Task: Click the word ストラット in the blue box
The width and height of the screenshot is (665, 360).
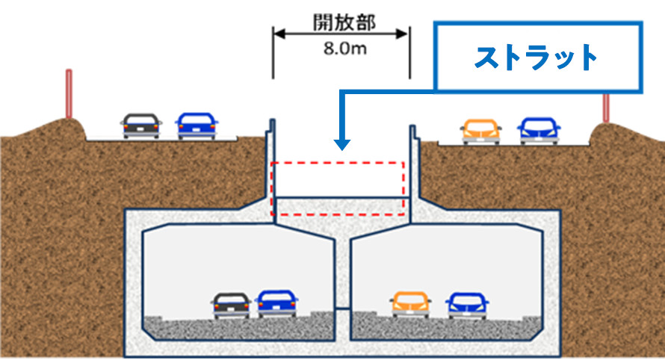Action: point(537,58)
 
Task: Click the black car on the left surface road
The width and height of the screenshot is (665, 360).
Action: point(142,126)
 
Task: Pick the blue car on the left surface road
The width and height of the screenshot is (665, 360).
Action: point(197,126)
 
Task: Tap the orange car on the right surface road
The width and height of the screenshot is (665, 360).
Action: point(482,131)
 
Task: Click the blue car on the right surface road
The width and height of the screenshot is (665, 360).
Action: point(539,131)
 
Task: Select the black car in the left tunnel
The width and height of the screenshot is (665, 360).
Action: point(231,305)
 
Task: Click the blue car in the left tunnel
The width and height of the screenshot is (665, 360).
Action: point(276,303)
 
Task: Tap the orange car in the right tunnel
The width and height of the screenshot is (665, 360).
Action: point(411,304)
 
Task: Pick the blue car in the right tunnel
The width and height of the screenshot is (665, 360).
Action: point(467,304)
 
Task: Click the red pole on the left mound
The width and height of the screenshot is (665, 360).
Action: point(69,94)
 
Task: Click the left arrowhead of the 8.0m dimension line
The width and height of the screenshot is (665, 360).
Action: point(276,33)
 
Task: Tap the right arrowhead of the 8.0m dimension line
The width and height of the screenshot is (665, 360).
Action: point(404,33)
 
